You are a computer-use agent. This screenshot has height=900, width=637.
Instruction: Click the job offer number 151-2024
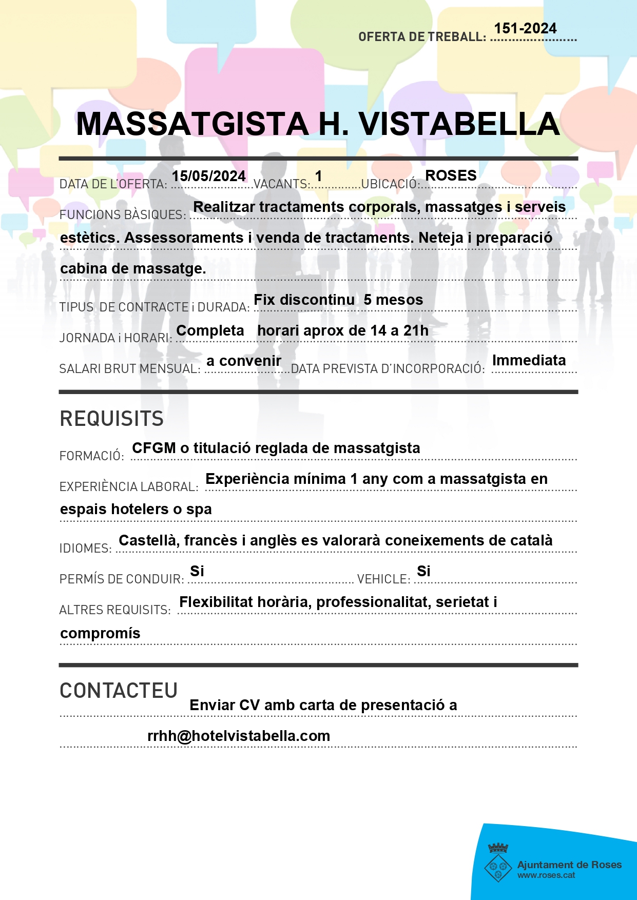click(x=525, y=29)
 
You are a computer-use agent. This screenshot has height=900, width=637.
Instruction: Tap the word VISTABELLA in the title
click(x=459, y=124)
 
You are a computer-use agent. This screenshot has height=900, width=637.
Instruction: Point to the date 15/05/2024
click(x=208, y=176)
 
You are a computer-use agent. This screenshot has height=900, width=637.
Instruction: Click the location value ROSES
click(x=451, y=175)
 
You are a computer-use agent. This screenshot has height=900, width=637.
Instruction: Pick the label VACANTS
click(x=281, y=184)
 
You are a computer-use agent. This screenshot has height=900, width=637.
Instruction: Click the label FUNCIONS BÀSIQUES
click(x=123, y=215)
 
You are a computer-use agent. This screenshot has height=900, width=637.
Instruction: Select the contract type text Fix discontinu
click(x=304, y=300)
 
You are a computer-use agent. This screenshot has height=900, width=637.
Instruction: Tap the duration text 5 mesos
click(x=393, y=300)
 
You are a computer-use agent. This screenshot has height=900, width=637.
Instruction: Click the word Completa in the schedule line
click(x=210, y=330)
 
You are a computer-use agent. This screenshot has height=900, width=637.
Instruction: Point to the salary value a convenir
click(x=244, y=361)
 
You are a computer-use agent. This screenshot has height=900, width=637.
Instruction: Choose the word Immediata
click(x=529, y=360)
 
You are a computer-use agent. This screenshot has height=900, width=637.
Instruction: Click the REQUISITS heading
click(x=112, y=419)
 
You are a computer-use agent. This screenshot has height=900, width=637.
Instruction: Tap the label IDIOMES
click(x=85, y=549)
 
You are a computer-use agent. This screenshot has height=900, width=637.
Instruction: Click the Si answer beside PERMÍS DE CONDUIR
click(x=197, y=571)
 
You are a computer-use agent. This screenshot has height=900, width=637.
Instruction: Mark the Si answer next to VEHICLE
click(x=423, y=571)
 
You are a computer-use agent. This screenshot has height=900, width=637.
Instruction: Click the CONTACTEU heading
click(x=119, y=691)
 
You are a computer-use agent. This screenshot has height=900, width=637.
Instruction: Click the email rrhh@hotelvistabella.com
click(x=239, y=736)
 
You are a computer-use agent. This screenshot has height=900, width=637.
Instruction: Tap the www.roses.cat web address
click(x=546, y=875)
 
